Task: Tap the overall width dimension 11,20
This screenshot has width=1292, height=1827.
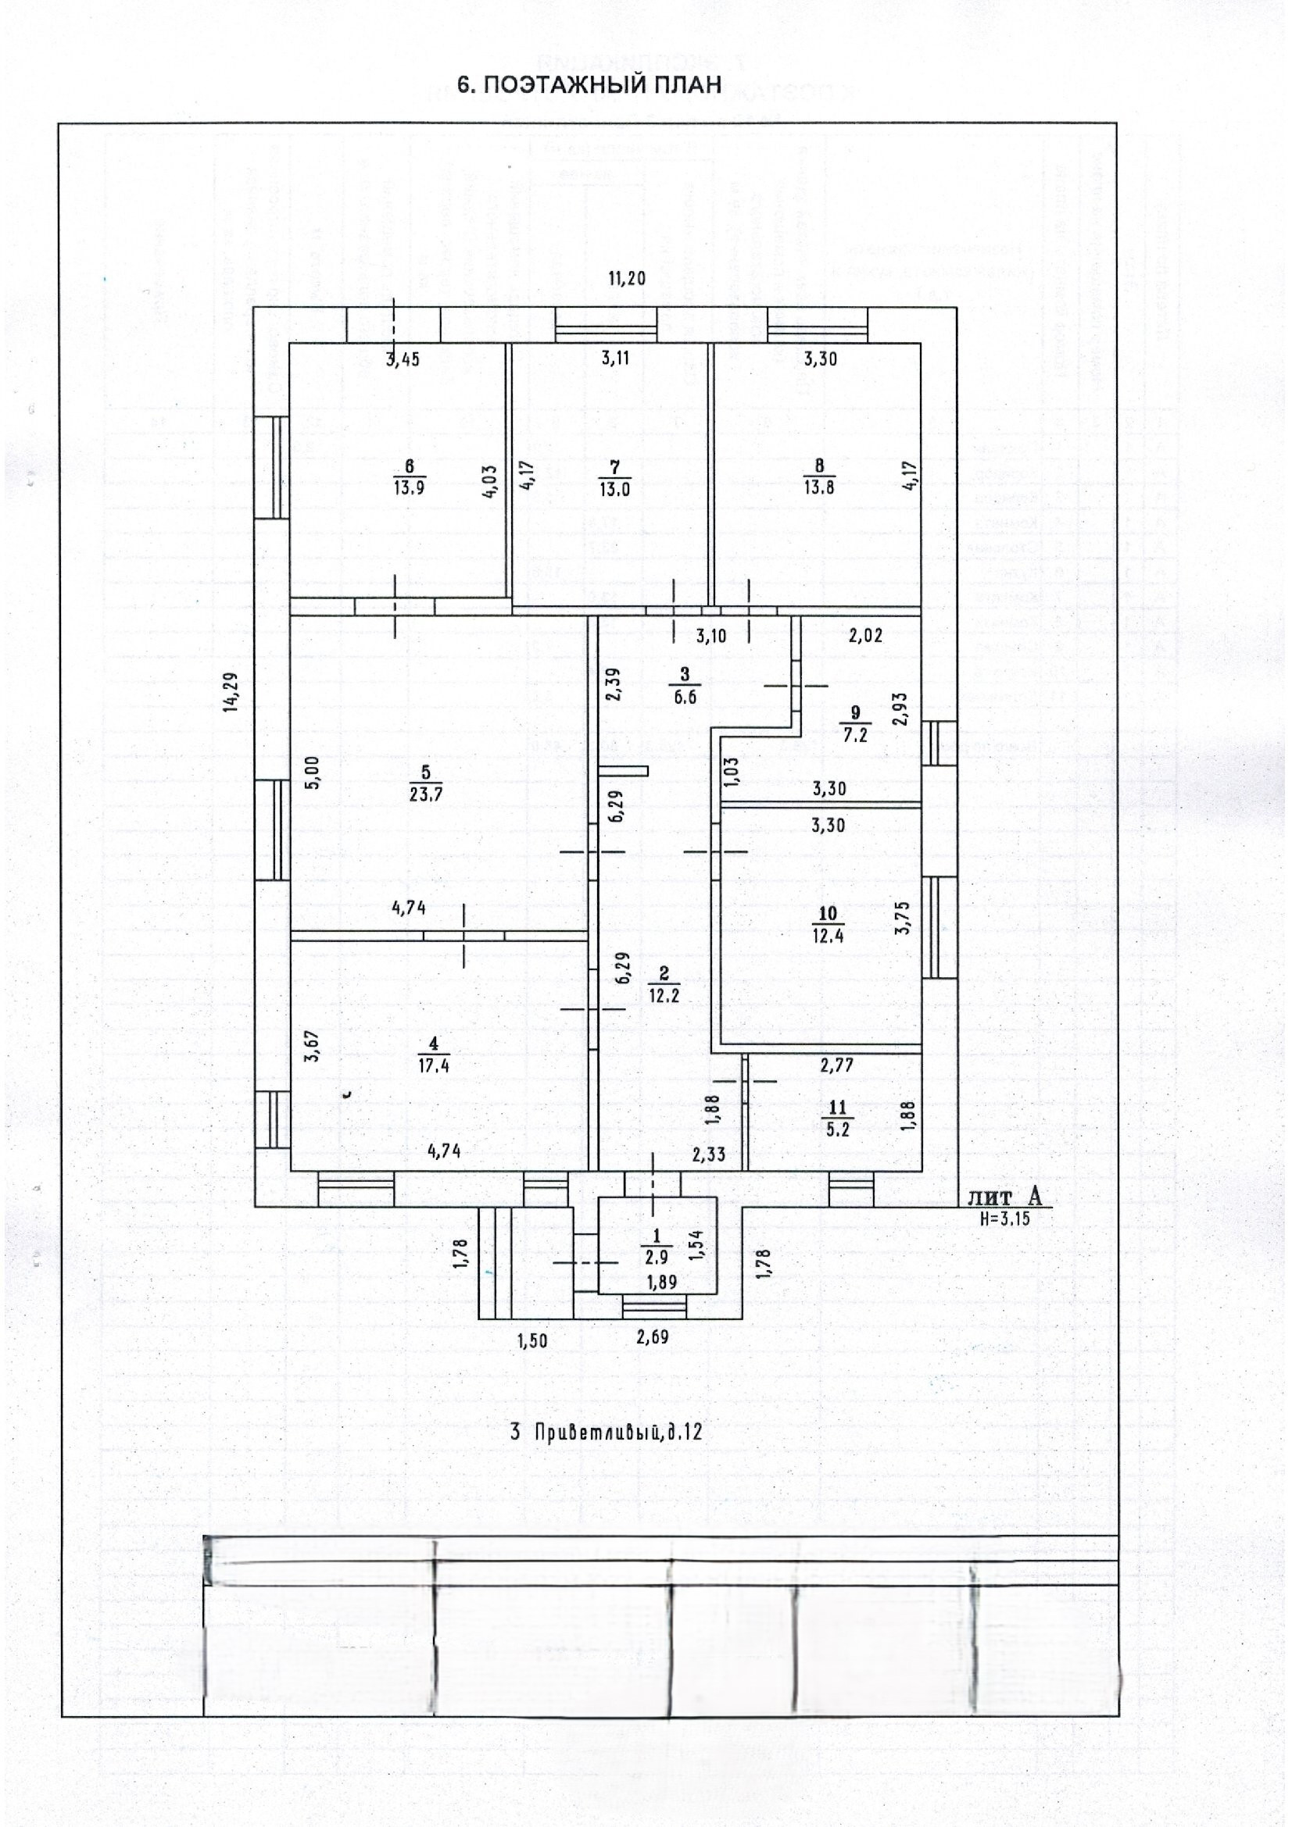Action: [627, 279]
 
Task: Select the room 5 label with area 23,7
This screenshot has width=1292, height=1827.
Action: [426, 783]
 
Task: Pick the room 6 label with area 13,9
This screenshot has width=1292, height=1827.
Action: [410, 477]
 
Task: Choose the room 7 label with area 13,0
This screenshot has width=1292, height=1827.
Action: [614, 478]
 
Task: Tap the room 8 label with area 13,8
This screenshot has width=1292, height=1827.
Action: [819, 477]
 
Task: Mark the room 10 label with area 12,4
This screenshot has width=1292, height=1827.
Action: [829, 924]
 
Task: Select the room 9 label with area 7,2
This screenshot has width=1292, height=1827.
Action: [855, 724]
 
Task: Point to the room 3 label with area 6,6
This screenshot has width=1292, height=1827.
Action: [685, 687]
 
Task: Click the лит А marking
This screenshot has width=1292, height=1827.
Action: [1004, 1197]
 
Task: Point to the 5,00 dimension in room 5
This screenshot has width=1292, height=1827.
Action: [312, 771]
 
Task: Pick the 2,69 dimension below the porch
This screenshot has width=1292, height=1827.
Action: [653, 1336]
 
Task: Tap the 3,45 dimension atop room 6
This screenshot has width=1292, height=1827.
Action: [403, 359]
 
